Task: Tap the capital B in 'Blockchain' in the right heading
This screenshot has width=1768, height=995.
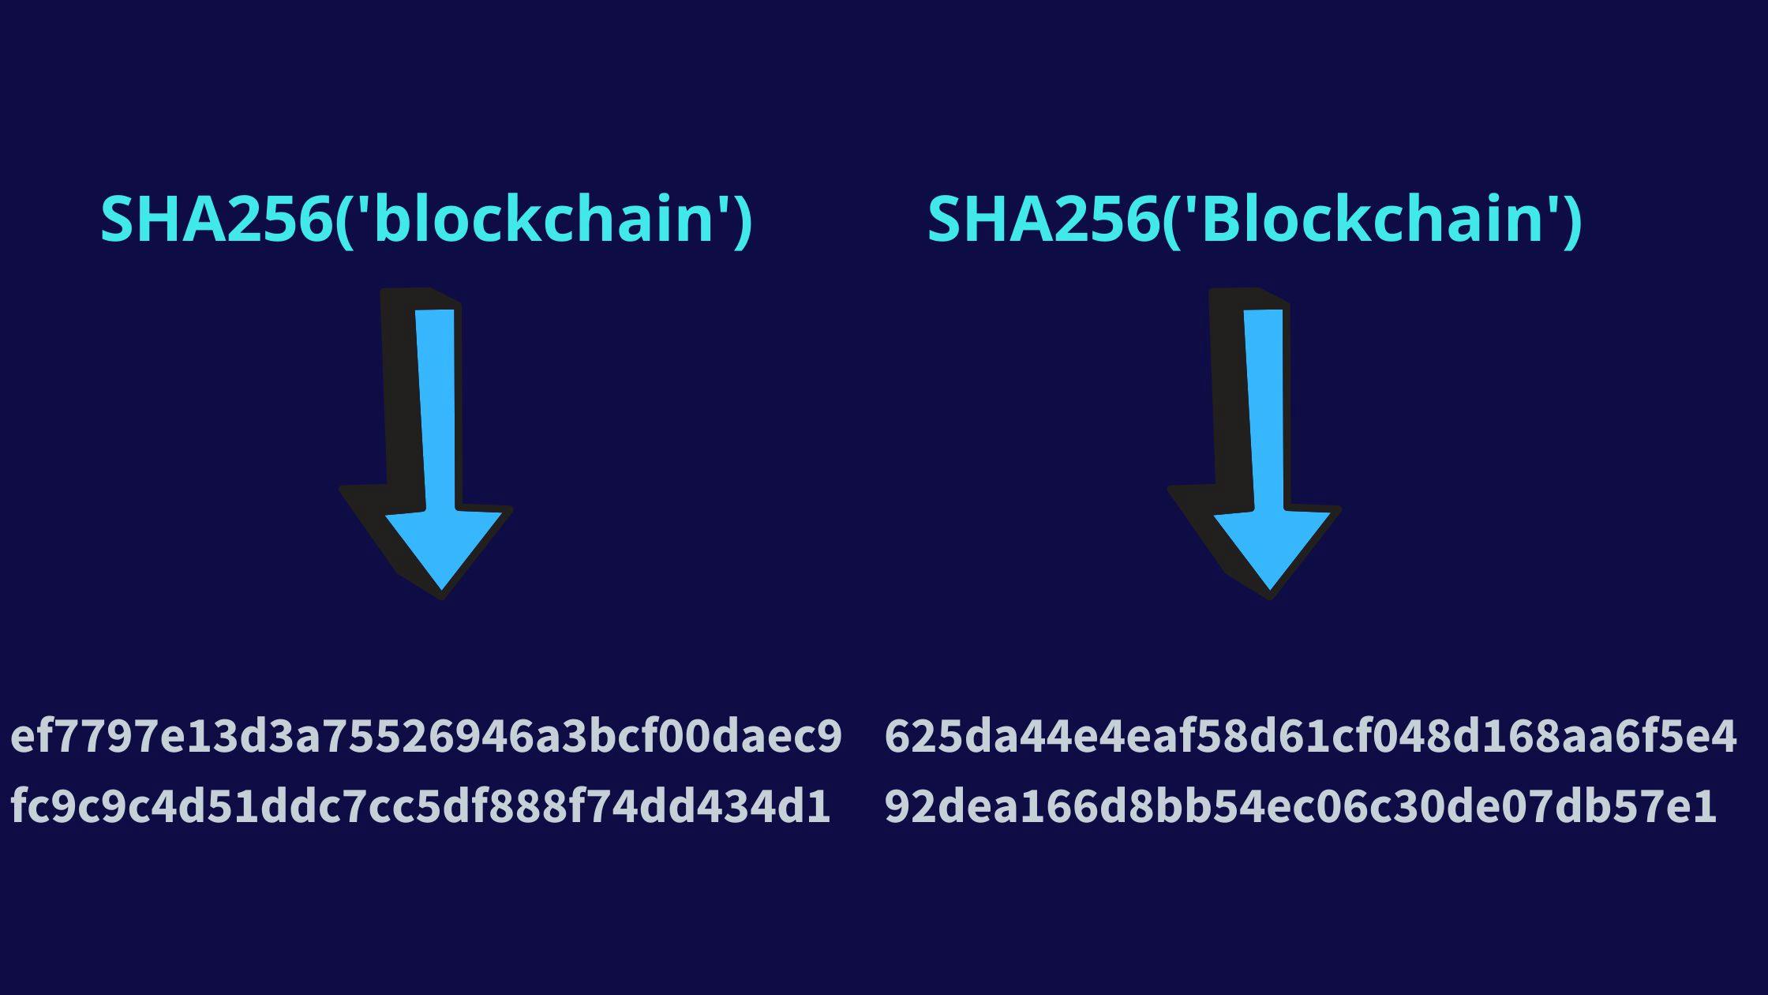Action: point(1223,219)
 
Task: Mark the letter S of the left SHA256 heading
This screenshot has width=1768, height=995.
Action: point(118,219)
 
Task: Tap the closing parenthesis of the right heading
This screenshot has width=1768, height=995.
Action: point(1571,221)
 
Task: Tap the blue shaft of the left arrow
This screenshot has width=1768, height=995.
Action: point(439,411)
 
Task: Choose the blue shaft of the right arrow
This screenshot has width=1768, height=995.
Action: point(1267,411)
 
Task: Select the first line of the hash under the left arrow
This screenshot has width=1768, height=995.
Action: point(426,736)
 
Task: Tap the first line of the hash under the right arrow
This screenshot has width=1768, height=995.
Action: point(1310,736)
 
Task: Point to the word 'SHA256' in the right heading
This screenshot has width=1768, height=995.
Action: point(1041,219)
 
